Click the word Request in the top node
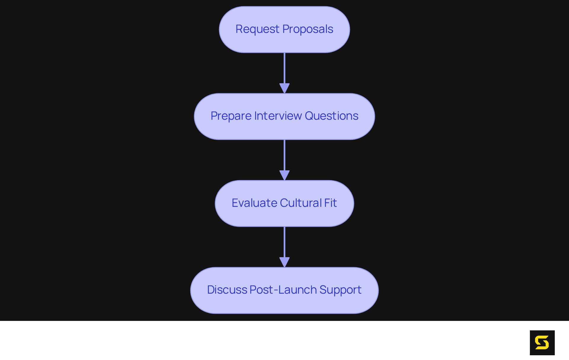257,29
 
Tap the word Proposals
308,29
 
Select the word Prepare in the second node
231,116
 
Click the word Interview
278,116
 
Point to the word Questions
332,116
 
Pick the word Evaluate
254,203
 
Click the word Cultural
301,203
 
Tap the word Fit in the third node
330,203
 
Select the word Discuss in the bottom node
227,290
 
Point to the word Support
340,290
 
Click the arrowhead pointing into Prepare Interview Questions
284,88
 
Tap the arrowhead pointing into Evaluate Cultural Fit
284,175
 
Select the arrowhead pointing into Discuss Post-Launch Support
284,262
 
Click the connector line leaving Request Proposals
284,68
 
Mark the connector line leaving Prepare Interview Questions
284,155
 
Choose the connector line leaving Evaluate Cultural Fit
284,242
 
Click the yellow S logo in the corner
542,343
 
